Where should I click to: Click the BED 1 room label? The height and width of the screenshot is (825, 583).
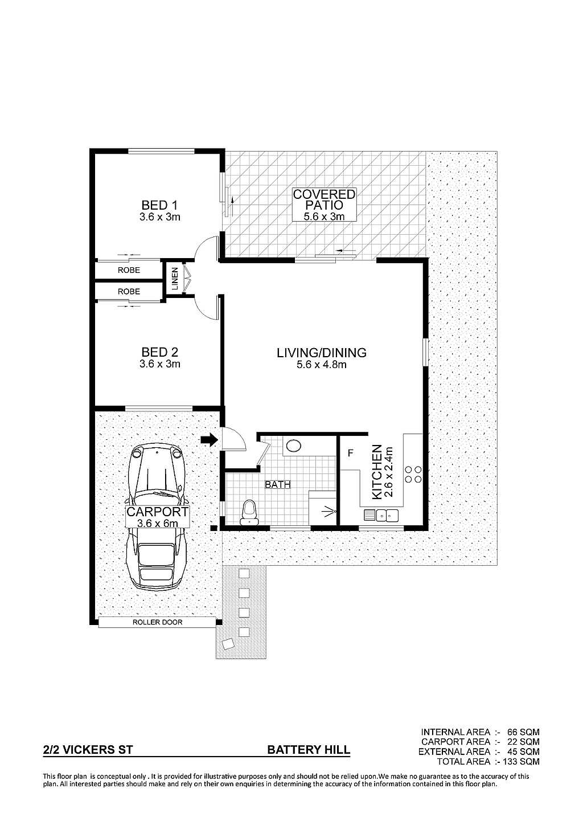tap(160, 205)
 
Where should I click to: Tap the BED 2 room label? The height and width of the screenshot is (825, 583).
tap(160, 352)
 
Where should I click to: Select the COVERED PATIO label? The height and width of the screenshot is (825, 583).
tap(324, 199)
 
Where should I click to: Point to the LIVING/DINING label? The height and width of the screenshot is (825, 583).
tap(322, 353)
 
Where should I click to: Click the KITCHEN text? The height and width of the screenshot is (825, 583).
tap(377, 472)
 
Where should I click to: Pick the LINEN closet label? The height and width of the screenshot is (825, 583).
tap(175, 279)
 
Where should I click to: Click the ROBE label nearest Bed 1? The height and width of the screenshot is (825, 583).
tap(129, 270)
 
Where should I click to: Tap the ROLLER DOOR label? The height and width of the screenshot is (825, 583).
tap(158, 622)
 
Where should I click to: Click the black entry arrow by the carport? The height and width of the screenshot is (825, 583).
tap(210, 439)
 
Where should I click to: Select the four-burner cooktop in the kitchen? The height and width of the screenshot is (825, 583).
tap(413, 474)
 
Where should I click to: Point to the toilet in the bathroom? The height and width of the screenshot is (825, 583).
tap(249, 512)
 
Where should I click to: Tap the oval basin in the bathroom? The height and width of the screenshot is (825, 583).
tap(294, 446)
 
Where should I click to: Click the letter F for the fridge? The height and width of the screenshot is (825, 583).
tap(350, 452)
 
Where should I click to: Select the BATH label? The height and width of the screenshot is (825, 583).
tap(278, 485)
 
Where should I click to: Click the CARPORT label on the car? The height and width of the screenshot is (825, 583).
tap(158, 512)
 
